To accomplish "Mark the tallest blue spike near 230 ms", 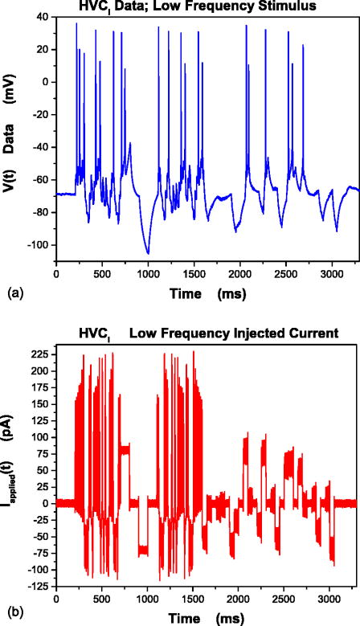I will pos(76,24).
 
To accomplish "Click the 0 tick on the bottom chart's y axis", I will pos(46,503).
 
